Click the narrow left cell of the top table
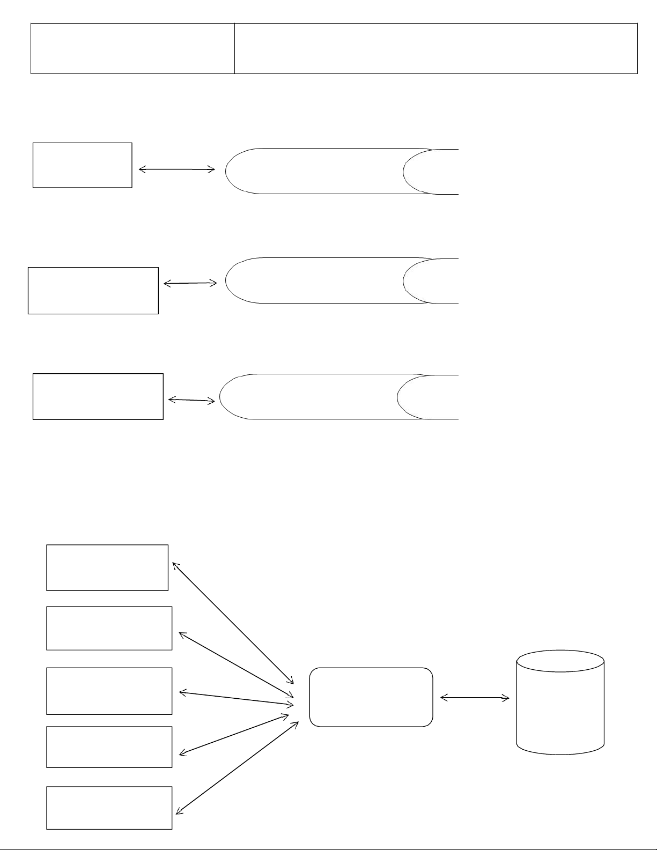[x=132, y=48]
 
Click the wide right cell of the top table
[x=435, y=48]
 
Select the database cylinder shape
[x=560, y=703]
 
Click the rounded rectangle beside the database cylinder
[x=371, y=697]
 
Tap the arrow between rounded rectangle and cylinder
[x=475, y=698]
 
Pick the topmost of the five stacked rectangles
[x=107, y=567]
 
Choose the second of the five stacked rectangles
[x=109, y=628]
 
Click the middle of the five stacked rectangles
[x=109, y=691]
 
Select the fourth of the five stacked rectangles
[x=109, y=747]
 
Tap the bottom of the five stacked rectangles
[x=109, y=808]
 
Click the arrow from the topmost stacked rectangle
[x=233, y=623]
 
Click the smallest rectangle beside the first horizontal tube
[x=82, y=165]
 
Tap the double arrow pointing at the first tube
[x=176, y=169]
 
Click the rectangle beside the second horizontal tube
[x=93, y=290]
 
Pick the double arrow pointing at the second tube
[x=190, y=283]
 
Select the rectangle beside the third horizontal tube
[x=98, y=396]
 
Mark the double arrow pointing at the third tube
[x=191, y=400]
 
